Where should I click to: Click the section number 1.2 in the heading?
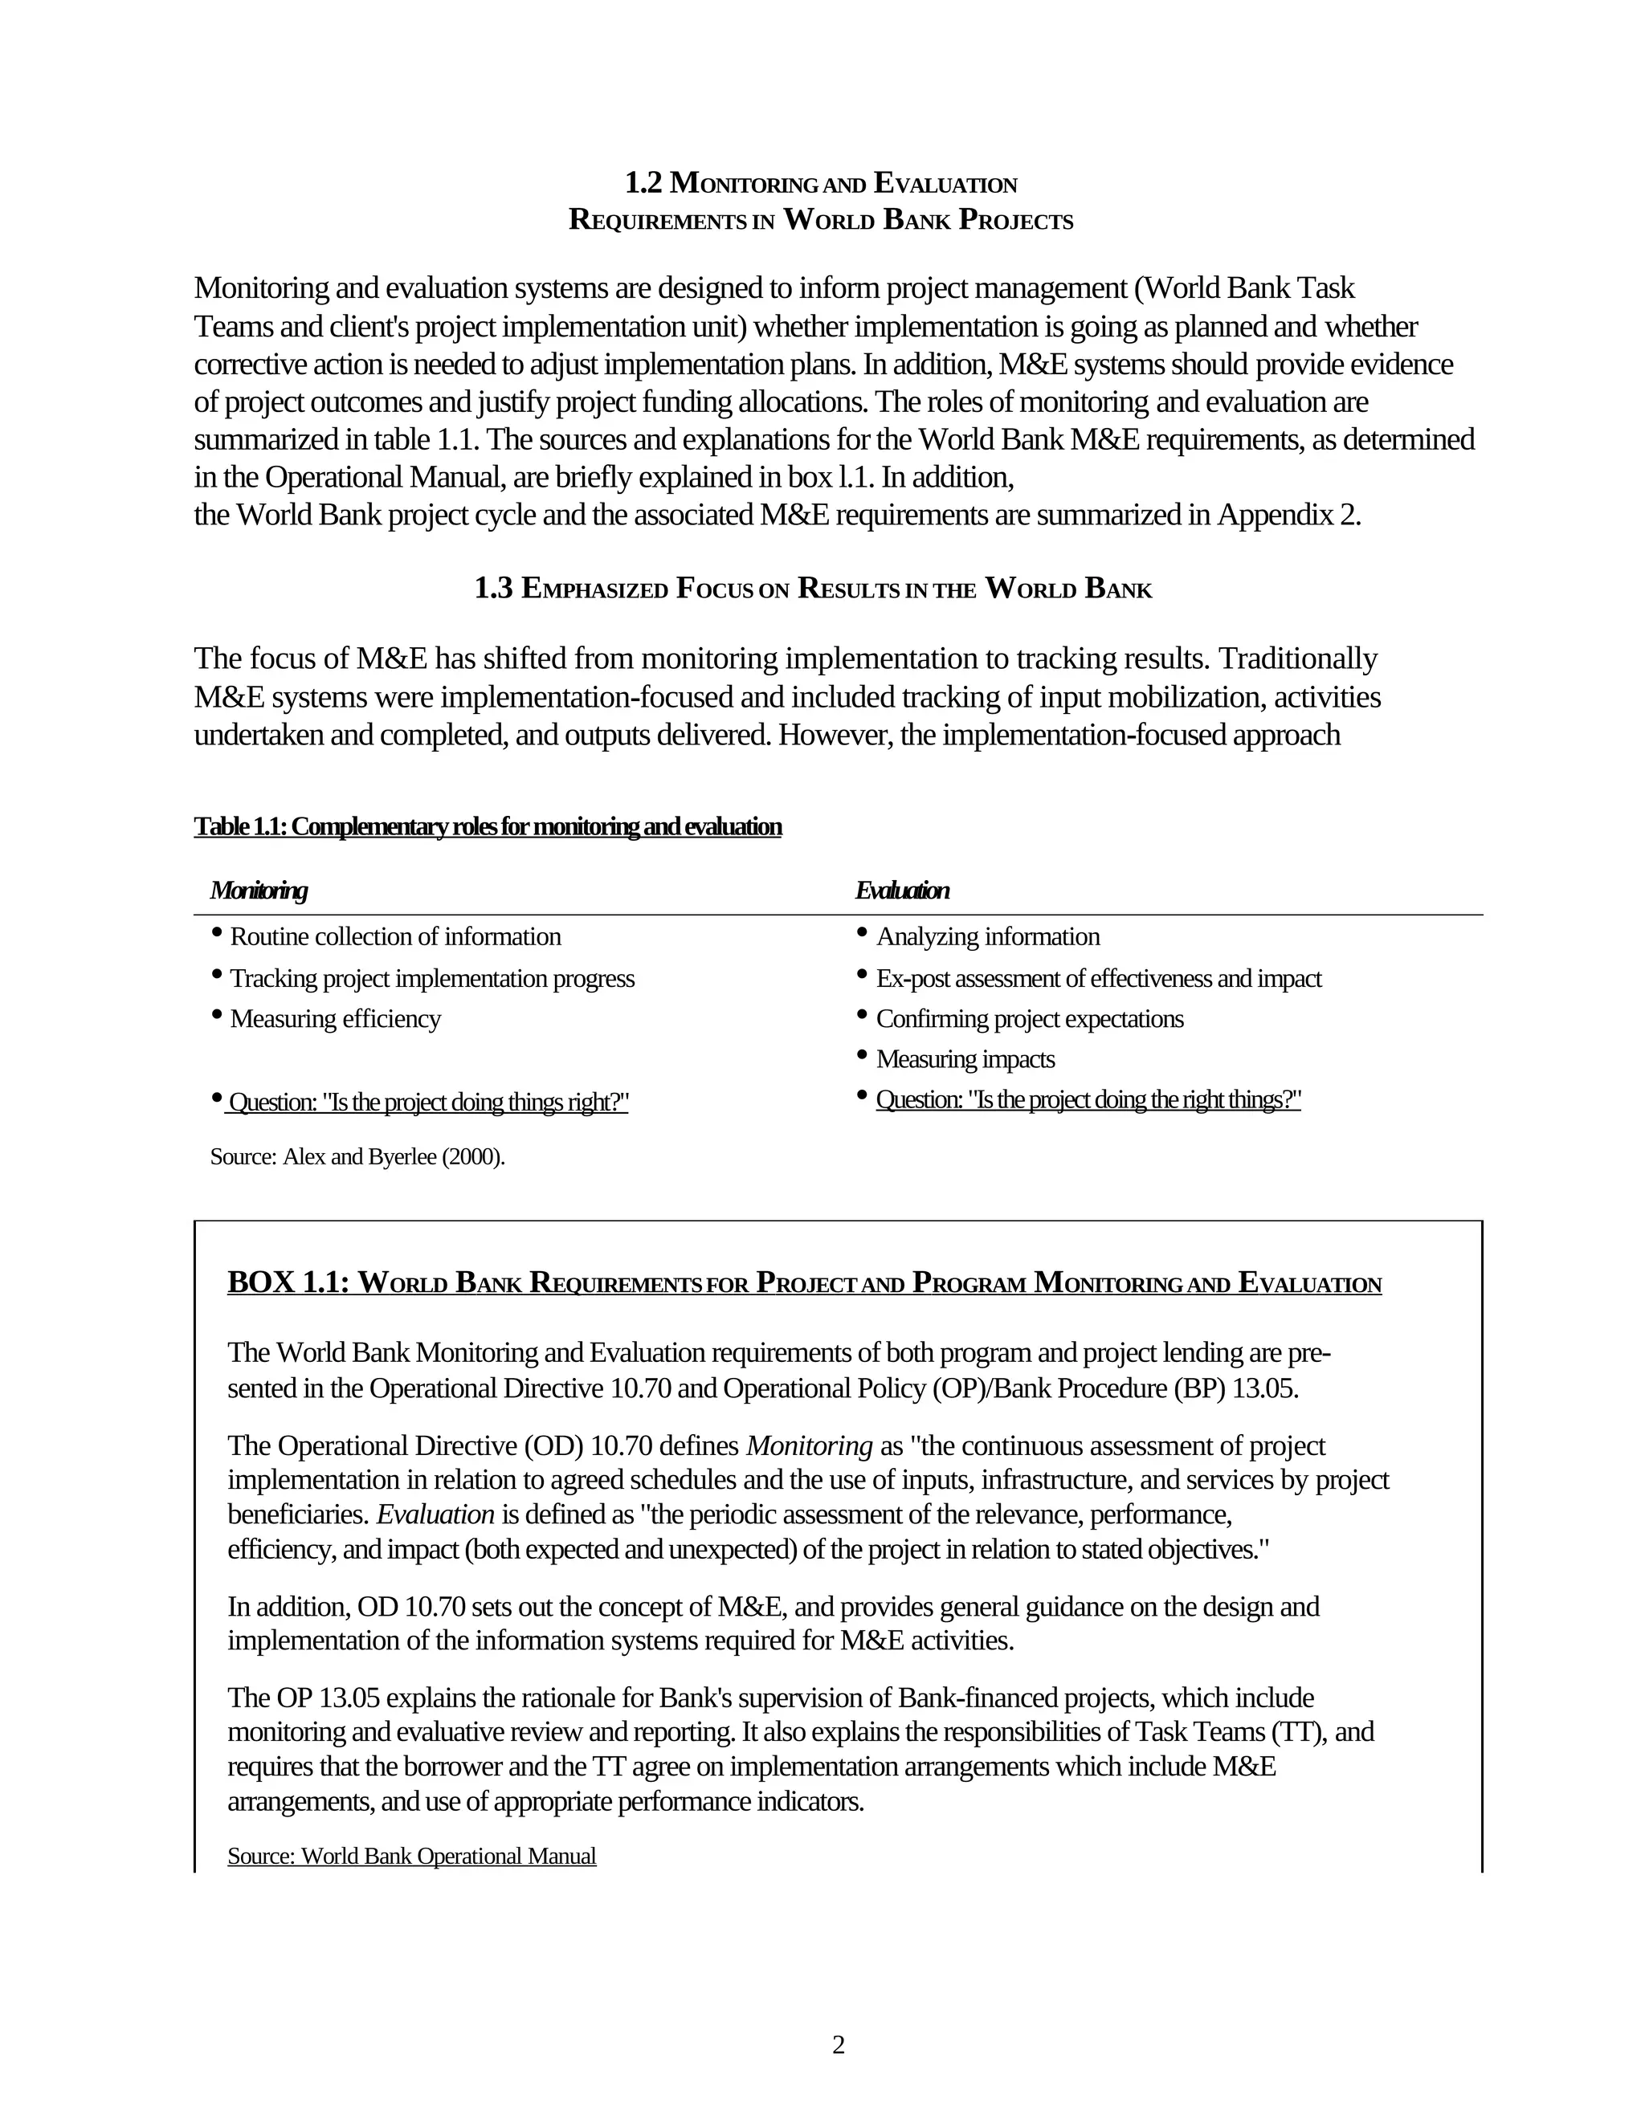pyautogui.click(x=643, y=183)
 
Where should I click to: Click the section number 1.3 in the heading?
pyautogui.click(x=493, y=589)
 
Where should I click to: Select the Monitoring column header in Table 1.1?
pyautogui.click(x=259, y=890)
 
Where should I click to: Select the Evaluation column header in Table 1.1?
pyautogui.click(x=901, y=890)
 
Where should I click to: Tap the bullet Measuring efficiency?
pyautogui.click(x=335, y=1018)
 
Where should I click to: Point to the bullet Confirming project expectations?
pyautogui.click(x=1029, y=1018)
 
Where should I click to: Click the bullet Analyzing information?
pyautogui.click(x=987, y=936)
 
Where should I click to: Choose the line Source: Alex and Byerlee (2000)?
pyautogui.click(x=357, y=1156)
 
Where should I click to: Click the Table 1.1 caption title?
pyautogui.click(x=488, y=826)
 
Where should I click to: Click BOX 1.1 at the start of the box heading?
pyautogui.click(x=288, y=1282)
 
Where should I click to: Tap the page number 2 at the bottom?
pyautogui.click(x=838, y=2045)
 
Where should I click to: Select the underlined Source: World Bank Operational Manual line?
pyautogui.click(x=411, y=1855)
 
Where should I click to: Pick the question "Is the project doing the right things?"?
pyautogui.click(x=1088, y=1099)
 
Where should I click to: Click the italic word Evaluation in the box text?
pyautogui.click(x=435, y=1514)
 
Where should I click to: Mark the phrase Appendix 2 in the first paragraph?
pyautogui.click(x=1288, y=515)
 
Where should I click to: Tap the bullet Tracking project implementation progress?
pyautogui.click(x=431, y=978)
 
